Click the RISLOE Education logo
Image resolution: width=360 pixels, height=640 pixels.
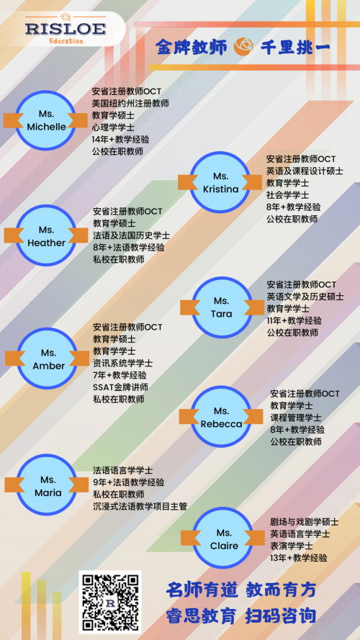click(x=66, y=29)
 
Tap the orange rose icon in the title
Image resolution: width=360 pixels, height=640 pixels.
click(x=243, y=47)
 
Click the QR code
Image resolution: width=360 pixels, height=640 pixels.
click(x=109, y=602)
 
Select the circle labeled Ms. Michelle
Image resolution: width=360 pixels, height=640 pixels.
click(x=45, y=120)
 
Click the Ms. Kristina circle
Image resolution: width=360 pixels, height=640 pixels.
click(x=220, y=182)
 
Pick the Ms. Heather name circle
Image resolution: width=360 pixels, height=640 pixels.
click(x=46, y=235)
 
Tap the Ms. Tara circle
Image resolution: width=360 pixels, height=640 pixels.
click(x=222, y=307)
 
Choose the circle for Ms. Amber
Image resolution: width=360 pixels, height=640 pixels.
click(x=48, y=359)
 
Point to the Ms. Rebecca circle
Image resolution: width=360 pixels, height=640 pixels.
click(x=221, y=417)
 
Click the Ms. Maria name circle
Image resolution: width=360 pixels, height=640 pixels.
click(x=47, y=485)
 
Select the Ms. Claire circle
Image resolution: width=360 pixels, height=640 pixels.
click(x=223, y=538)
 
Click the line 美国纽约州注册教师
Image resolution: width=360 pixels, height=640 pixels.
click(x=130, y=103)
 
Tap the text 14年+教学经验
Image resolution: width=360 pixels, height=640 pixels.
click(x=120, y=139)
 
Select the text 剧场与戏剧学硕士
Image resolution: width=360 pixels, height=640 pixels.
click(x=304, y=522)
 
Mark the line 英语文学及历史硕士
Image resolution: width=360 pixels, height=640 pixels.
click(x=305, y=297)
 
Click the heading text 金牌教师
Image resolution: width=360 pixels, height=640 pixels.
click(x=191, y=47)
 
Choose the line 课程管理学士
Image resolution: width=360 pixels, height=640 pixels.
click(x=295, y=418)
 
